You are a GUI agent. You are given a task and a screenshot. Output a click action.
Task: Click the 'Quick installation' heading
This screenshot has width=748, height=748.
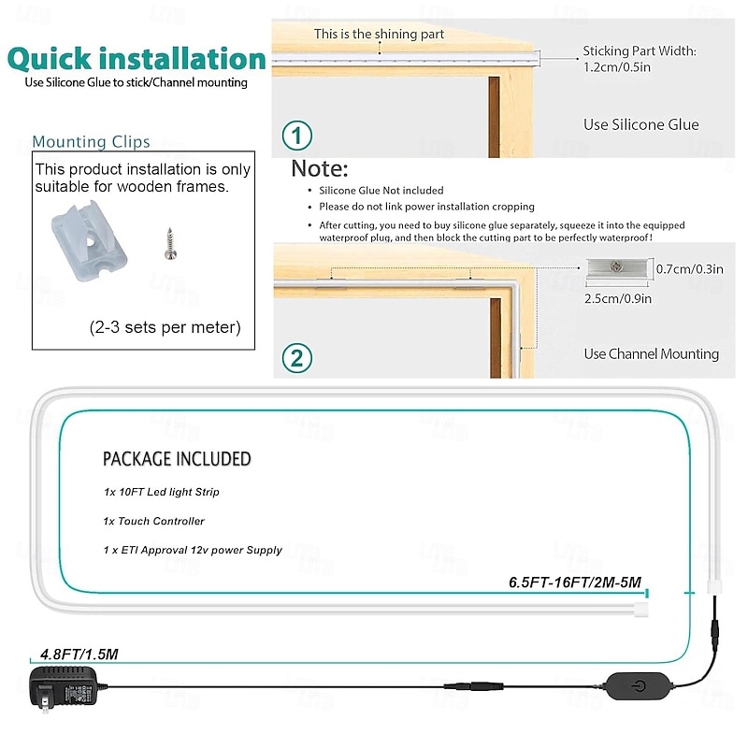coord(137,59)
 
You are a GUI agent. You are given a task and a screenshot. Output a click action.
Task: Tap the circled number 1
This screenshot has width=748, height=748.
coord(296,136)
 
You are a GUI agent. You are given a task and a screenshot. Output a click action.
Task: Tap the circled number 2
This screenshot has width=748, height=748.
coord(296,358)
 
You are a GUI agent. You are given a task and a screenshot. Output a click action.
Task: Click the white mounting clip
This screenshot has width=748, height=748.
coord(89,241)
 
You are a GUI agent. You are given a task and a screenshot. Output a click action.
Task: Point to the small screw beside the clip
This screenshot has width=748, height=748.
coord(170,244)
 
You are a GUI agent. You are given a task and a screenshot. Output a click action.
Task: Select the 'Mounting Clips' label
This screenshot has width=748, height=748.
coord(91,142)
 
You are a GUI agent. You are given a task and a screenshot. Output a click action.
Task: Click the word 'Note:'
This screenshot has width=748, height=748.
coord(320,168)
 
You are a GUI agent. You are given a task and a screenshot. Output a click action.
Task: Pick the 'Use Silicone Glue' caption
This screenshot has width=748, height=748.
coord(641,124)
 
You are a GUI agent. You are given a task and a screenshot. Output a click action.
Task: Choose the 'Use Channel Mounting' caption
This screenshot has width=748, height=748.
coord(651,354)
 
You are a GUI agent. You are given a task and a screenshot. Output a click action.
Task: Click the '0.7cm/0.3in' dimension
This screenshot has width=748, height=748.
coord(689,269)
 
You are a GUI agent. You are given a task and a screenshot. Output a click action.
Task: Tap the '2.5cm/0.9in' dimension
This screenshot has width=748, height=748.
coord(618,298)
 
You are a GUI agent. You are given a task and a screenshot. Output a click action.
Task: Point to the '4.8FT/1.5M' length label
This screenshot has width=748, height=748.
coord(79,654)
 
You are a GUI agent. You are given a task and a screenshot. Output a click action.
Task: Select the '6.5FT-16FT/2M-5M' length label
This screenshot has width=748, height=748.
coord(575,583)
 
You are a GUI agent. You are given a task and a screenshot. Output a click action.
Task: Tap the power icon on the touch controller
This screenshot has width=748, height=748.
coord(639,686)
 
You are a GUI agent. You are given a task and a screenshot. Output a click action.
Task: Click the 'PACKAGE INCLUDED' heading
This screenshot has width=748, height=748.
coord(177,459)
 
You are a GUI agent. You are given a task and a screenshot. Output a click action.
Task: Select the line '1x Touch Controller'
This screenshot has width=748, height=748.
coord(153,521)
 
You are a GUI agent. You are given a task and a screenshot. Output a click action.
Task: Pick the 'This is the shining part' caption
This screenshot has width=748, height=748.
coord(379,34)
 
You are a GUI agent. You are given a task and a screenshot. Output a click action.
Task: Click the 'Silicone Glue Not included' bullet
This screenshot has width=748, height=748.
coord(381,191)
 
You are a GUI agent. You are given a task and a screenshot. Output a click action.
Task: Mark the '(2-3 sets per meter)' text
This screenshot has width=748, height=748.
coord(165,327)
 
